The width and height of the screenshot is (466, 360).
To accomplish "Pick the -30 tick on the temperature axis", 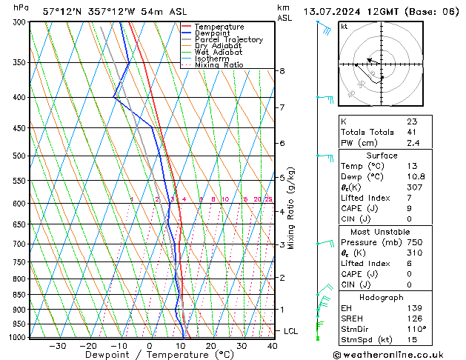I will (x=57, y=346).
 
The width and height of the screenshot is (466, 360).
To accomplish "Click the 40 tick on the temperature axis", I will (x=273, y=346).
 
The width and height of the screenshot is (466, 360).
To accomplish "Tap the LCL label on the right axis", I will (x=292, y=331).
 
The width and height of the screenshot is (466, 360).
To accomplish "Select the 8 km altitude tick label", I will (x=282, y=71).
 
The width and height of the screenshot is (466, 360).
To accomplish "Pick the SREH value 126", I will (x=414, y=319).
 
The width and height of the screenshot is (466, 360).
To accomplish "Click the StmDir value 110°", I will (x=416, y=330).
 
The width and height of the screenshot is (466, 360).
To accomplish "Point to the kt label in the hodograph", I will (x=344, y=27).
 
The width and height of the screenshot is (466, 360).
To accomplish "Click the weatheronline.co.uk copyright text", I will (x=397, y=353).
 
